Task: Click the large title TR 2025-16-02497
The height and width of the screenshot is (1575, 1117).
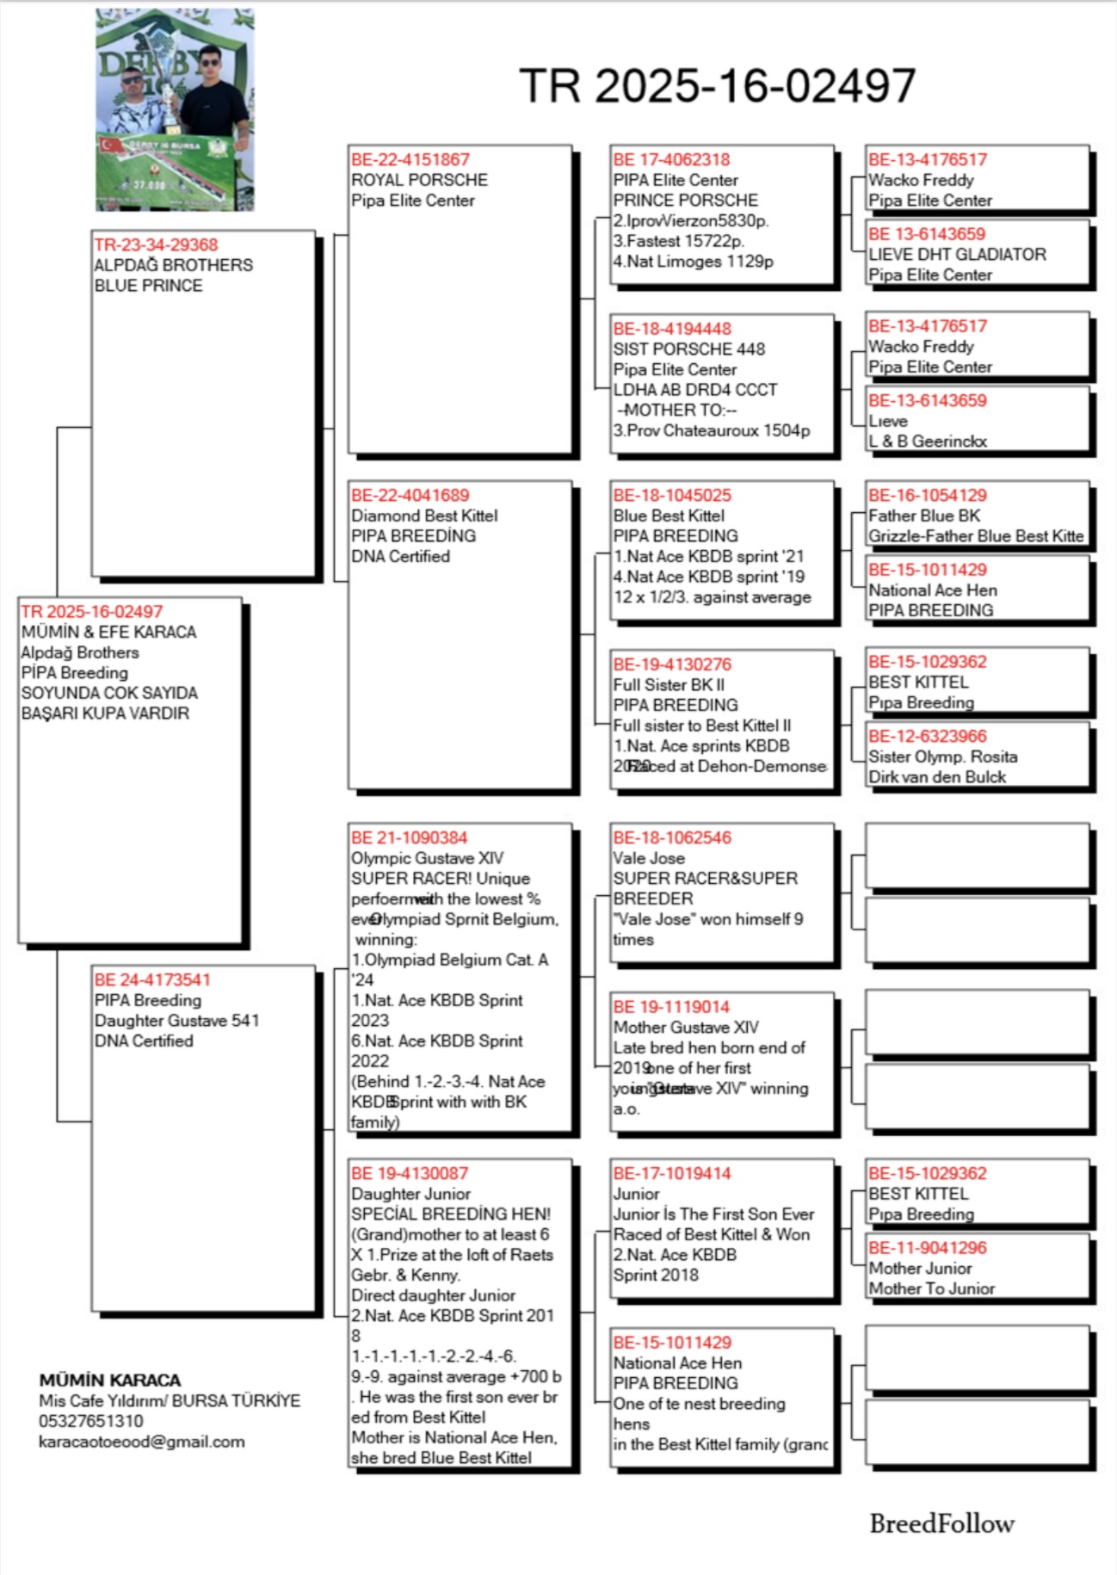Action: point(717,86)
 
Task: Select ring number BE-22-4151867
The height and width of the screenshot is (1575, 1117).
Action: point(410,159)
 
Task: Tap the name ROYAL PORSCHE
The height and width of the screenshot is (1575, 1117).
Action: point(419,180)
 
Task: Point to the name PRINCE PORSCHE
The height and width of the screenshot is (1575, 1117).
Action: point(685,200)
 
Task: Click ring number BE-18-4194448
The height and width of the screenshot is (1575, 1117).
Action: point(672,329)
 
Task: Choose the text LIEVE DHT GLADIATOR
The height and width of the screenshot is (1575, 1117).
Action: point(957,255)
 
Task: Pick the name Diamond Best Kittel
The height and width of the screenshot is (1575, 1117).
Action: point(424,516)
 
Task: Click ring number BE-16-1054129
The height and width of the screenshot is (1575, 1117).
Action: point(928,495)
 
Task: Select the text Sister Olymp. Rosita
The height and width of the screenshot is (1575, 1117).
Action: point(942,757)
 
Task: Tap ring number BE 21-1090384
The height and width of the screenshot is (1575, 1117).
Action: point(410,837)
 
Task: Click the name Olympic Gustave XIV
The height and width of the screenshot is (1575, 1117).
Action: point(427,858)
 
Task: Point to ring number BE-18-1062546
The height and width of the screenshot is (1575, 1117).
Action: point(672,837)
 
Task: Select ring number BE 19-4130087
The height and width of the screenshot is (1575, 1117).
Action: point(410,1173)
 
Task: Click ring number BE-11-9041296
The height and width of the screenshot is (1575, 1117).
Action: point(928,1248)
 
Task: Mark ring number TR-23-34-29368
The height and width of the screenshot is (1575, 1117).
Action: point(156,244)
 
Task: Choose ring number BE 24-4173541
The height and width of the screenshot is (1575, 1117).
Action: point(152,979)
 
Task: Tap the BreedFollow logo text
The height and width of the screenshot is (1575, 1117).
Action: point(941,1523)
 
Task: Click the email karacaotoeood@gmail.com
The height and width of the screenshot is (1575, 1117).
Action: point(141,1442)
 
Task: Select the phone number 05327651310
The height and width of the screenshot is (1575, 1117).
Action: point(91,1421)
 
